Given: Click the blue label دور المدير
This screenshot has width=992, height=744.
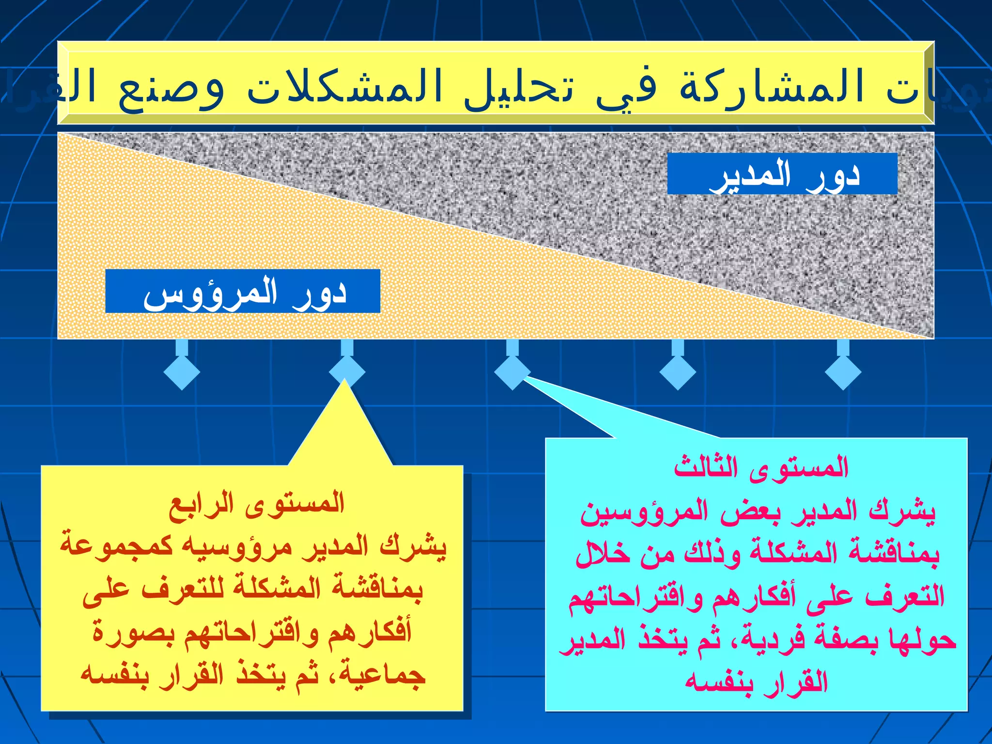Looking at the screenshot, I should (x=782, y=174).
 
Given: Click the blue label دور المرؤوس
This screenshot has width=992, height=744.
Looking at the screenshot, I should (x=243, y=292).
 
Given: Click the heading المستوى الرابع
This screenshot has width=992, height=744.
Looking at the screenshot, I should (x=256, y=504).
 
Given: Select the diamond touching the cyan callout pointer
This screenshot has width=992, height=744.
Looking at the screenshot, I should (x=512, y=372).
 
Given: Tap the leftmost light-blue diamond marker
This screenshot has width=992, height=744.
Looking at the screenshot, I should (x=182, y=372).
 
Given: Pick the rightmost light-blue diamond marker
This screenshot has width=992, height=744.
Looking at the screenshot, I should (x=843, y=372).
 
